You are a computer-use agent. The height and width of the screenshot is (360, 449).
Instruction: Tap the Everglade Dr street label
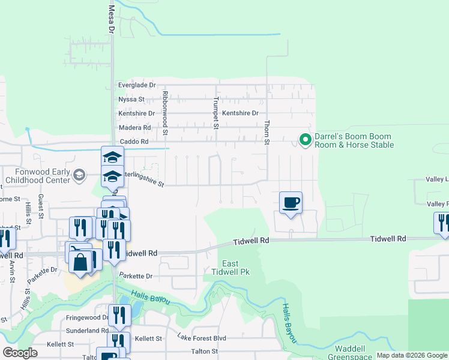coord(136,85)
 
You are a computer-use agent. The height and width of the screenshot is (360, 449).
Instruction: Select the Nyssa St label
coord(131,99)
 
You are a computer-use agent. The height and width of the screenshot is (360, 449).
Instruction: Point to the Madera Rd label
coord(134,128)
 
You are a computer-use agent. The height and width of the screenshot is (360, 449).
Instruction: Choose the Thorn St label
coord(266,132)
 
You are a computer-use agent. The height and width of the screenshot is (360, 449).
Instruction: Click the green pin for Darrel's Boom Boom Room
coord(305,140)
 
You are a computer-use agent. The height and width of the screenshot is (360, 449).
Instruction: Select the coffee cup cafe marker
coord(291,202)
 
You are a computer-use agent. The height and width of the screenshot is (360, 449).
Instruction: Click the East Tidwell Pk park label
coord(231,268)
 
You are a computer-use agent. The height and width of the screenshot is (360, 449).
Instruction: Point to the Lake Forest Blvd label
coord(201,338)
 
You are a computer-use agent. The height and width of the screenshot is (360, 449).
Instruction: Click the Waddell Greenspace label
coord(346,353)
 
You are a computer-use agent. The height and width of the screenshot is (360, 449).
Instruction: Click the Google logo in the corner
coord(20,352)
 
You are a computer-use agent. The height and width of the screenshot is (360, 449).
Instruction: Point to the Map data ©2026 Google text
coord(412,355)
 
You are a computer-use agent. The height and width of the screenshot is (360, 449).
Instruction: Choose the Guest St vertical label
coord(41,205)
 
